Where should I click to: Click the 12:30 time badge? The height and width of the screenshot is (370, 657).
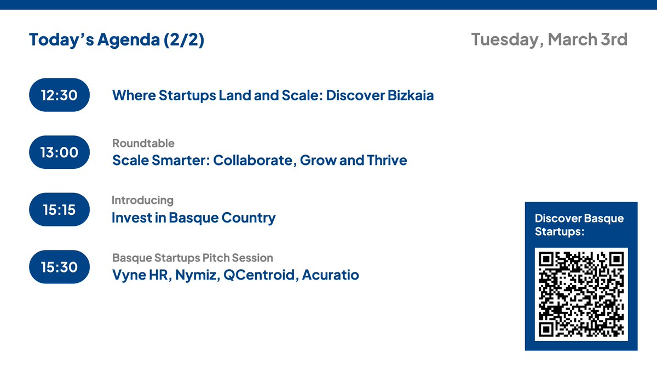(x=59, y=95)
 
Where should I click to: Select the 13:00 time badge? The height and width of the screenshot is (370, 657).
(x=59, y=152)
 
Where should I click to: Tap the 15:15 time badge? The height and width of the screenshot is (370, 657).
(x=59, y=210)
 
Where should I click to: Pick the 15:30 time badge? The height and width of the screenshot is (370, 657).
(x=59, y=267)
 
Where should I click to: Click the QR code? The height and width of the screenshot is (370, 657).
(x=581, y=294)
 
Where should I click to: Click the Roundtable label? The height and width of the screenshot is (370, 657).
(x=143, y=144)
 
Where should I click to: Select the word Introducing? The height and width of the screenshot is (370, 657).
(x=142, y=200)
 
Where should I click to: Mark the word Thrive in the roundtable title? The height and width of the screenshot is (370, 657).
(x=388, y=161)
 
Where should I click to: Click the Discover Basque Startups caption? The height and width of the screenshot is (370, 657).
(x=579, y=225)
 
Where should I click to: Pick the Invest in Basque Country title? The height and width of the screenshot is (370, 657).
(x=193, y=218)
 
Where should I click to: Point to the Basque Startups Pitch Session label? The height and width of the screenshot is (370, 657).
(x=192, y=258)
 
